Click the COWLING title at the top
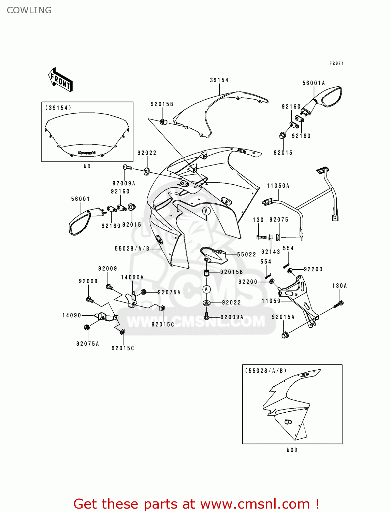[29, 10]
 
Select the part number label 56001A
[314, 83]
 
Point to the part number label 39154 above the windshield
[219, 80]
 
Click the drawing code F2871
[336, 63]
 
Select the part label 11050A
[278, 186]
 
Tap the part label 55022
[246, 254]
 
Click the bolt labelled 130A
[340, 303]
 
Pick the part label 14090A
[132, 277]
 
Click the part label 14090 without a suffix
[72, 315]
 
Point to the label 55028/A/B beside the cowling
[132, 248]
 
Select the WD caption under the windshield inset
[87, 166]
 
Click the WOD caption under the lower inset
[292, 450]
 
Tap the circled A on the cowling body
[206, 211]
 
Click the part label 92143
[271, 252]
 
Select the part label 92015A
[283, 317]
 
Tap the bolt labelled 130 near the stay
[261, 237]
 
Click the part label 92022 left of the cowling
[147, 153]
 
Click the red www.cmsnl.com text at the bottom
[255, 504]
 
